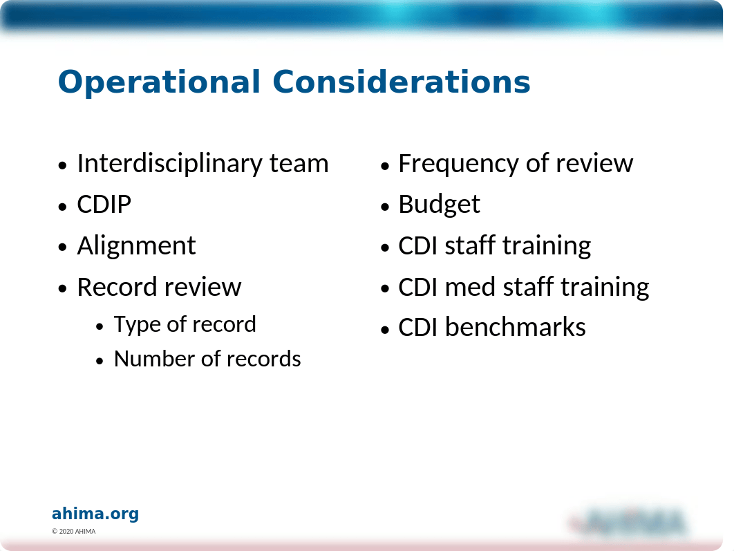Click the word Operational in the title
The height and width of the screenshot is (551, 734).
pos(159,82)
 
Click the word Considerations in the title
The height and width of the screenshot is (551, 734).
pos(401,82)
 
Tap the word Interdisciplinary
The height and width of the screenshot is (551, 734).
pos(170,165)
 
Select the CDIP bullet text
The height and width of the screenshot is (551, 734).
pos(104,205)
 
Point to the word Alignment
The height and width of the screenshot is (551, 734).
pos(136,246)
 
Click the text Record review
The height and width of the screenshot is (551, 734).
pos(159,287)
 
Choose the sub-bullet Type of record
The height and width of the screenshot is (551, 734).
pos(185,325)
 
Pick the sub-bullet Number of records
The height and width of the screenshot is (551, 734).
pos(207,359)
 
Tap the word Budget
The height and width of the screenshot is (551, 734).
pos(439,205)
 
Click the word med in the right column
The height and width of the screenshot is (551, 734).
pos(470,287)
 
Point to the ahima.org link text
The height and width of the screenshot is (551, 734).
pos(95,514)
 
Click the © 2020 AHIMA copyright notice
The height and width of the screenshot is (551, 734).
pos(73,532)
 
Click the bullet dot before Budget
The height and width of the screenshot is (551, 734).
pos(385,206)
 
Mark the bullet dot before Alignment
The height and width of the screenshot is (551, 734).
pos(63,248)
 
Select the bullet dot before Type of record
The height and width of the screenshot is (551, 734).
pos(100,326)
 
